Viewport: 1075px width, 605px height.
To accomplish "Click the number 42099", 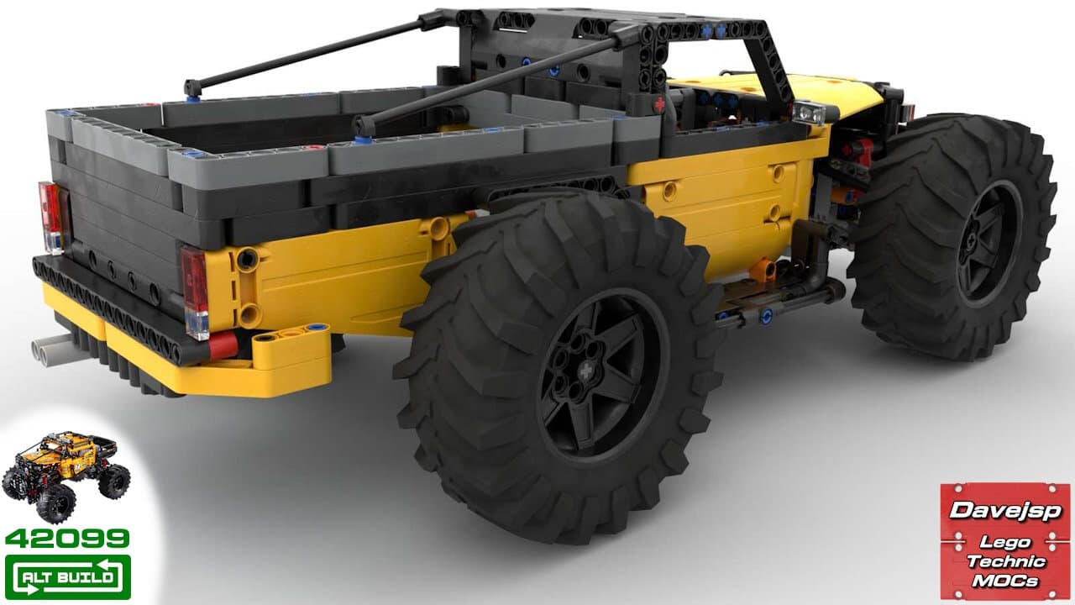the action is (67, 539).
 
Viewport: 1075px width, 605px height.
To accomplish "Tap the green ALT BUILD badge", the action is (68, 576).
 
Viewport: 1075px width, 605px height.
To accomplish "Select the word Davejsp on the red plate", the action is (1005, 510).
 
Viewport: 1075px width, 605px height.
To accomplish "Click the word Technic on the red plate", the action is (1006, 561).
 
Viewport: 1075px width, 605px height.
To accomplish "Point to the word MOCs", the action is (1005, 581).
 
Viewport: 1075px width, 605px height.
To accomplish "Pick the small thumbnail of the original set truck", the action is (66, 476).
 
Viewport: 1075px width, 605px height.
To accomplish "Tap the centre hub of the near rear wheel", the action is (586, 371).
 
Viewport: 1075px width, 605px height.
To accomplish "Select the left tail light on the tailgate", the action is (50, 217).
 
